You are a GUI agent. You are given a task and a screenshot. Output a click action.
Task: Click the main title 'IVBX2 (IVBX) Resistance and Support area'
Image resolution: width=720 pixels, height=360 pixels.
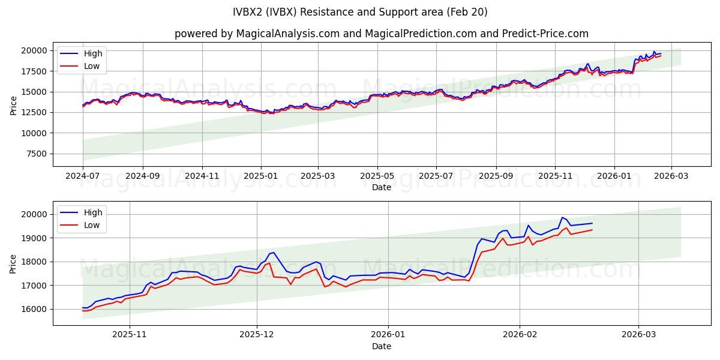point(360,12)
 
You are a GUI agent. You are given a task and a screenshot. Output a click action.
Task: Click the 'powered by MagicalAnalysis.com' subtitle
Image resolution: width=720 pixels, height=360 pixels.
point(382,34)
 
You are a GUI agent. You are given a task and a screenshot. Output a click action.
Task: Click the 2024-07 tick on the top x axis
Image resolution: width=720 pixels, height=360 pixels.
point(83,176)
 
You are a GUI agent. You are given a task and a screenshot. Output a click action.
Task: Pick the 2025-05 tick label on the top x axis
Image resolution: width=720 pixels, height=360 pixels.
point(377,176)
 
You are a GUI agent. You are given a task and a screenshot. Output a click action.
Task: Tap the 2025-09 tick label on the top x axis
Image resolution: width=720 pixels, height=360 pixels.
point(496,176)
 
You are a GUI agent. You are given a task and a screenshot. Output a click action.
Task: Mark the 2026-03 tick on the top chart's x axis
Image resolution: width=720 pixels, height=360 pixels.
point(671,176)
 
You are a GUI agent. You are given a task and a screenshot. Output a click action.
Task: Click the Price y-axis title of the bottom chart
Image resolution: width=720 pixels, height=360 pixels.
point(13,263)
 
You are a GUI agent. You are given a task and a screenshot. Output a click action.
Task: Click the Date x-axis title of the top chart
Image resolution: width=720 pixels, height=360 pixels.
point(382,187)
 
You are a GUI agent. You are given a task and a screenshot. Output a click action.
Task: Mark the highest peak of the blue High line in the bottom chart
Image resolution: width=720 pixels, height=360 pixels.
point(562,217)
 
